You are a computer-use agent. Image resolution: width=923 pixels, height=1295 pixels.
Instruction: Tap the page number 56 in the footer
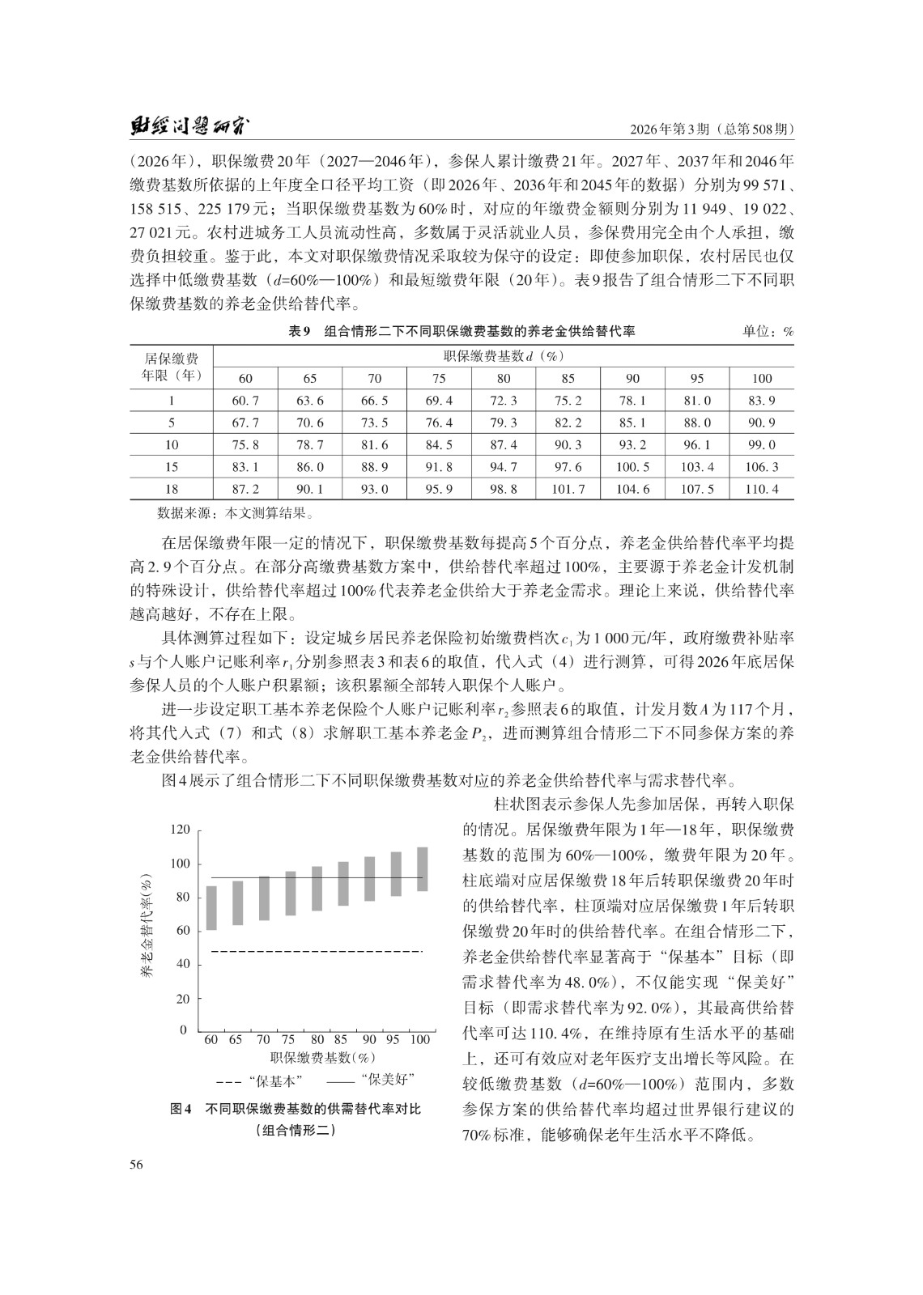[136, 1165]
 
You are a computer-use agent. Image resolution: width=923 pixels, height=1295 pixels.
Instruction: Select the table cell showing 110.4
[761, 490]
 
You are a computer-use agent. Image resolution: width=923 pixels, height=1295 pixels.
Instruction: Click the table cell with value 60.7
[245, 401]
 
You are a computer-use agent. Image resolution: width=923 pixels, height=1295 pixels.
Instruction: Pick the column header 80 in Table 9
[503, 378]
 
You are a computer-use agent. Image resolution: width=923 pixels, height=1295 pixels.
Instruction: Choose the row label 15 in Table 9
[171, 467]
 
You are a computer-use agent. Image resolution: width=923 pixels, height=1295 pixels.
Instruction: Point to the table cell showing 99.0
[761, 445]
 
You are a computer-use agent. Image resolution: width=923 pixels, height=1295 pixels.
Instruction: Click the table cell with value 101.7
[568, 490]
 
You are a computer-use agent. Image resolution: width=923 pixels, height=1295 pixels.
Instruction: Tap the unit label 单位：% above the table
[768, 331]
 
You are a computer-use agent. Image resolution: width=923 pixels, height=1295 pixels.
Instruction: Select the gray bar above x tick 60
[211, 908]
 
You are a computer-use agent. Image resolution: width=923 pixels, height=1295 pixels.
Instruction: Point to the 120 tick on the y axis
[180, 830]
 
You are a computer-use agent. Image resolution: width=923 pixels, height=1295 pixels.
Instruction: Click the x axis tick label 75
[289, 1040]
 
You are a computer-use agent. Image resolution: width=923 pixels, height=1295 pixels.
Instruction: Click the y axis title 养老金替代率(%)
[147, 928]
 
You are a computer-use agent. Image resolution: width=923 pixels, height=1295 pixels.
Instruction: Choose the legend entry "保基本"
[261, 1081]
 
